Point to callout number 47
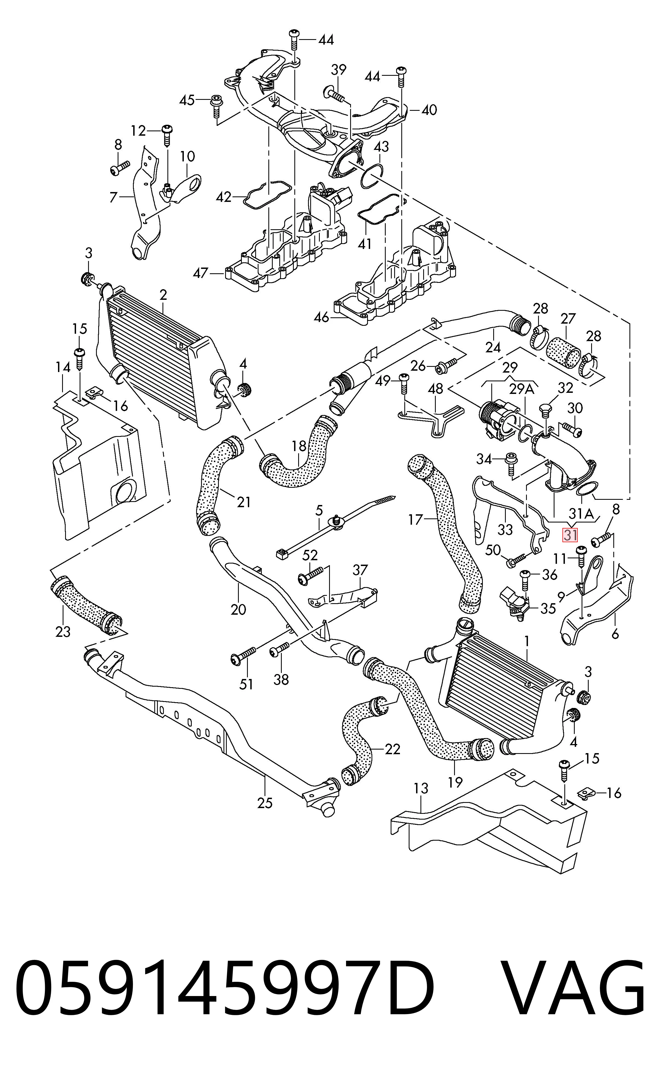[x=201, y=273]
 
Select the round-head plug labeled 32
[x=545, y=411]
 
